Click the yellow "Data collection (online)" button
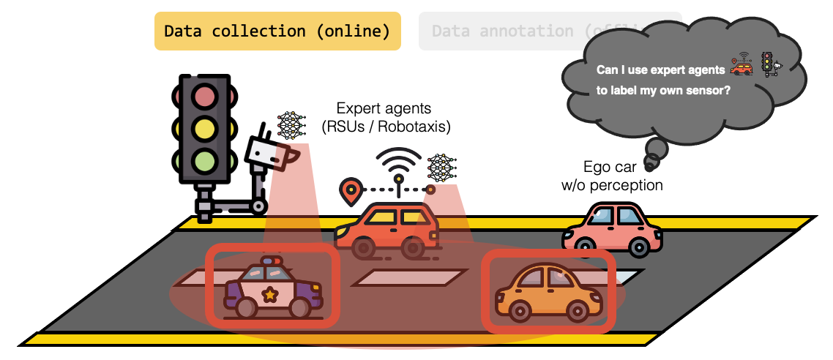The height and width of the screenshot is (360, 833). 277,31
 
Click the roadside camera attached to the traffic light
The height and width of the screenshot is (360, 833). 266,154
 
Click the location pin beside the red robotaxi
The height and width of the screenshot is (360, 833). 351,191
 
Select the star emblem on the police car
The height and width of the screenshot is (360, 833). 270,295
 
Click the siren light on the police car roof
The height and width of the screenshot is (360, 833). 271,260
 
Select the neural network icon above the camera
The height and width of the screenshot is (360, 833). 291,126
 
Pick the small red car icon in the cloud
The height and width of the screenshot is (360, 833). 742,67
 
